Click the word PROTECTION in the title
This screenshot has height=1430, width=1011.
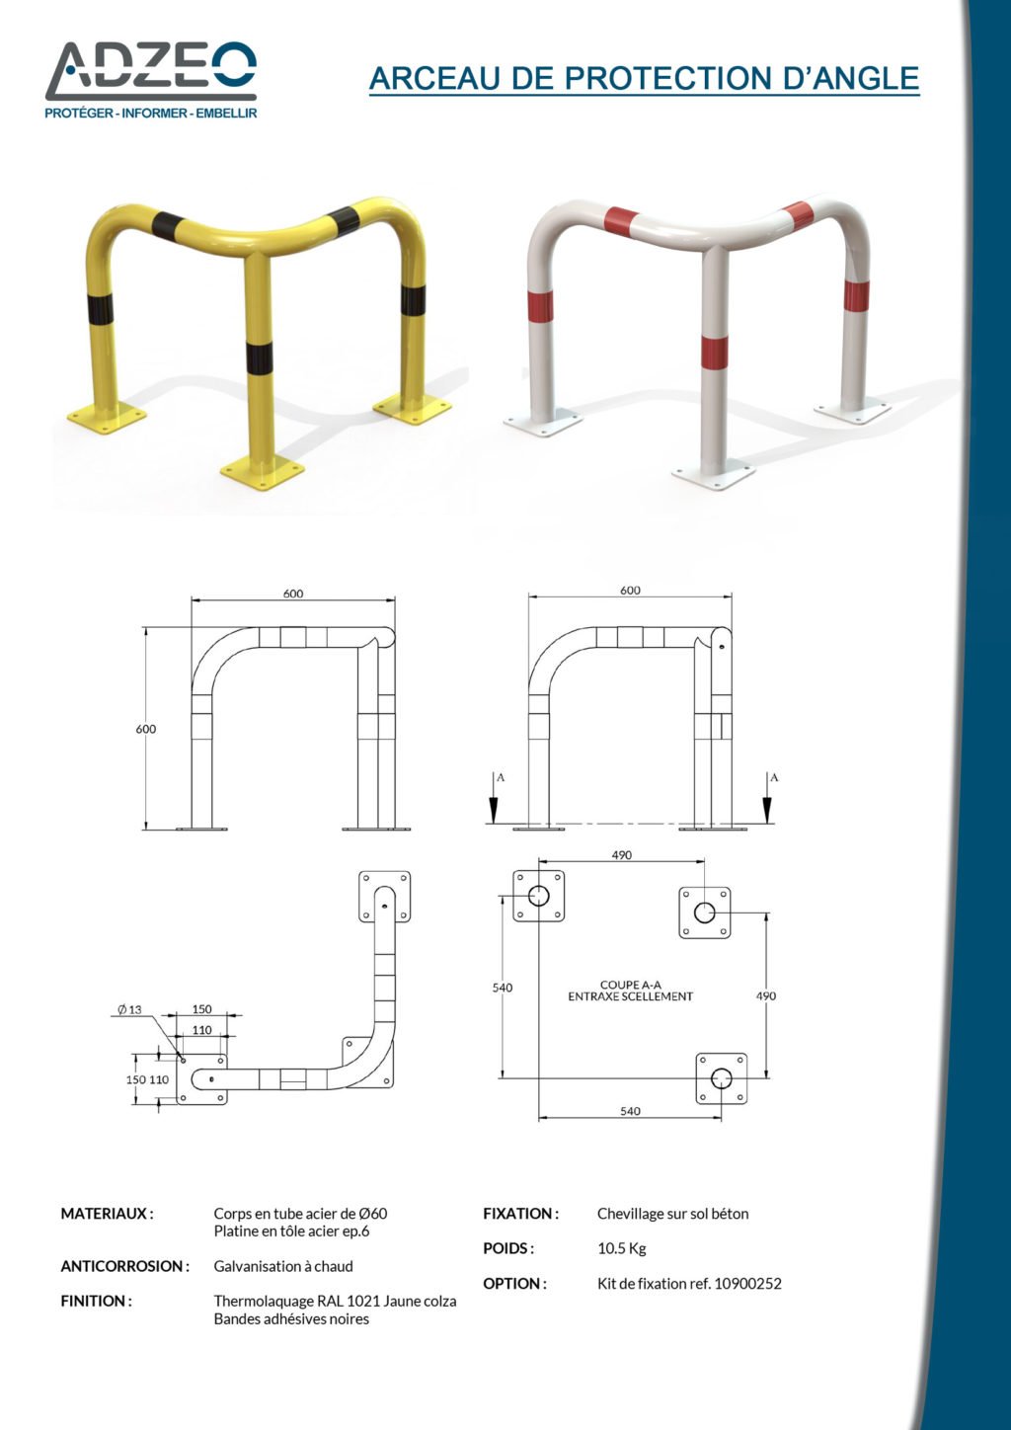click(668, 78)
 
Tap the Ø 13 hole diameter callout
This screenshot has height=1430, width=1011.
click(129, 1009)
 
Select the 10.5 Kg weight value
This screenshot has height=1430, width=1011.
click(622, 1248)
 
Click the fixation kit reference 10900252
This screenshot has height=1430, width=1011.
click(747, 1284)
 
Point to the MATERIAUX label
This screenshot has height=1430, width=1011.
click(107, 1214)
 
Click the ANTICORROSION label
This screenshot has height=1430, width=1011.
click(125, 1266)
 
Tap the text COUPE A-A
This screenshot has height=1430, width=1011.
click(631, 985)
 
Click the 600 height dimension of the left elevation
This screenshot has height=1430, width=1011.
click(145, 729)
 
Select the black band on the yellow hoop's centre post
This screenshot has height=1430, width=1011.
click(259, 357)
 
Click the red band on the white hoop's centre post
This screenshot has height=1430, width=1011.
click(714, 352)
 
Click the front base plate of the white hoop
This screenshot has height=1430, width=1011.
click(714, 474)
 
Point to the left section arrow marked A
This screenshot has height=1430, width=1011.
click(494, 798)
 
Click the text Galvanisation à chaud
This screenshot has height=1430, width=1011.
click(283, 1266)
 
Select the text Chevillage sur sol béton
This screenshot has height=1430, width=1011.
click(672, 1214)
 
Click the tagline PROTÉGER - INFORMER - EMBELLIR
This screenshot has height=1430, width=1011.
click(151, 114)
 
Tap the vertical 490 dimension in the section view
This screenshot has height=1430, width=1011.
click(766, 995)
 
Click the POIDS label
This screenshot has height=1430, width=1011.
click(508, 1248)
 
